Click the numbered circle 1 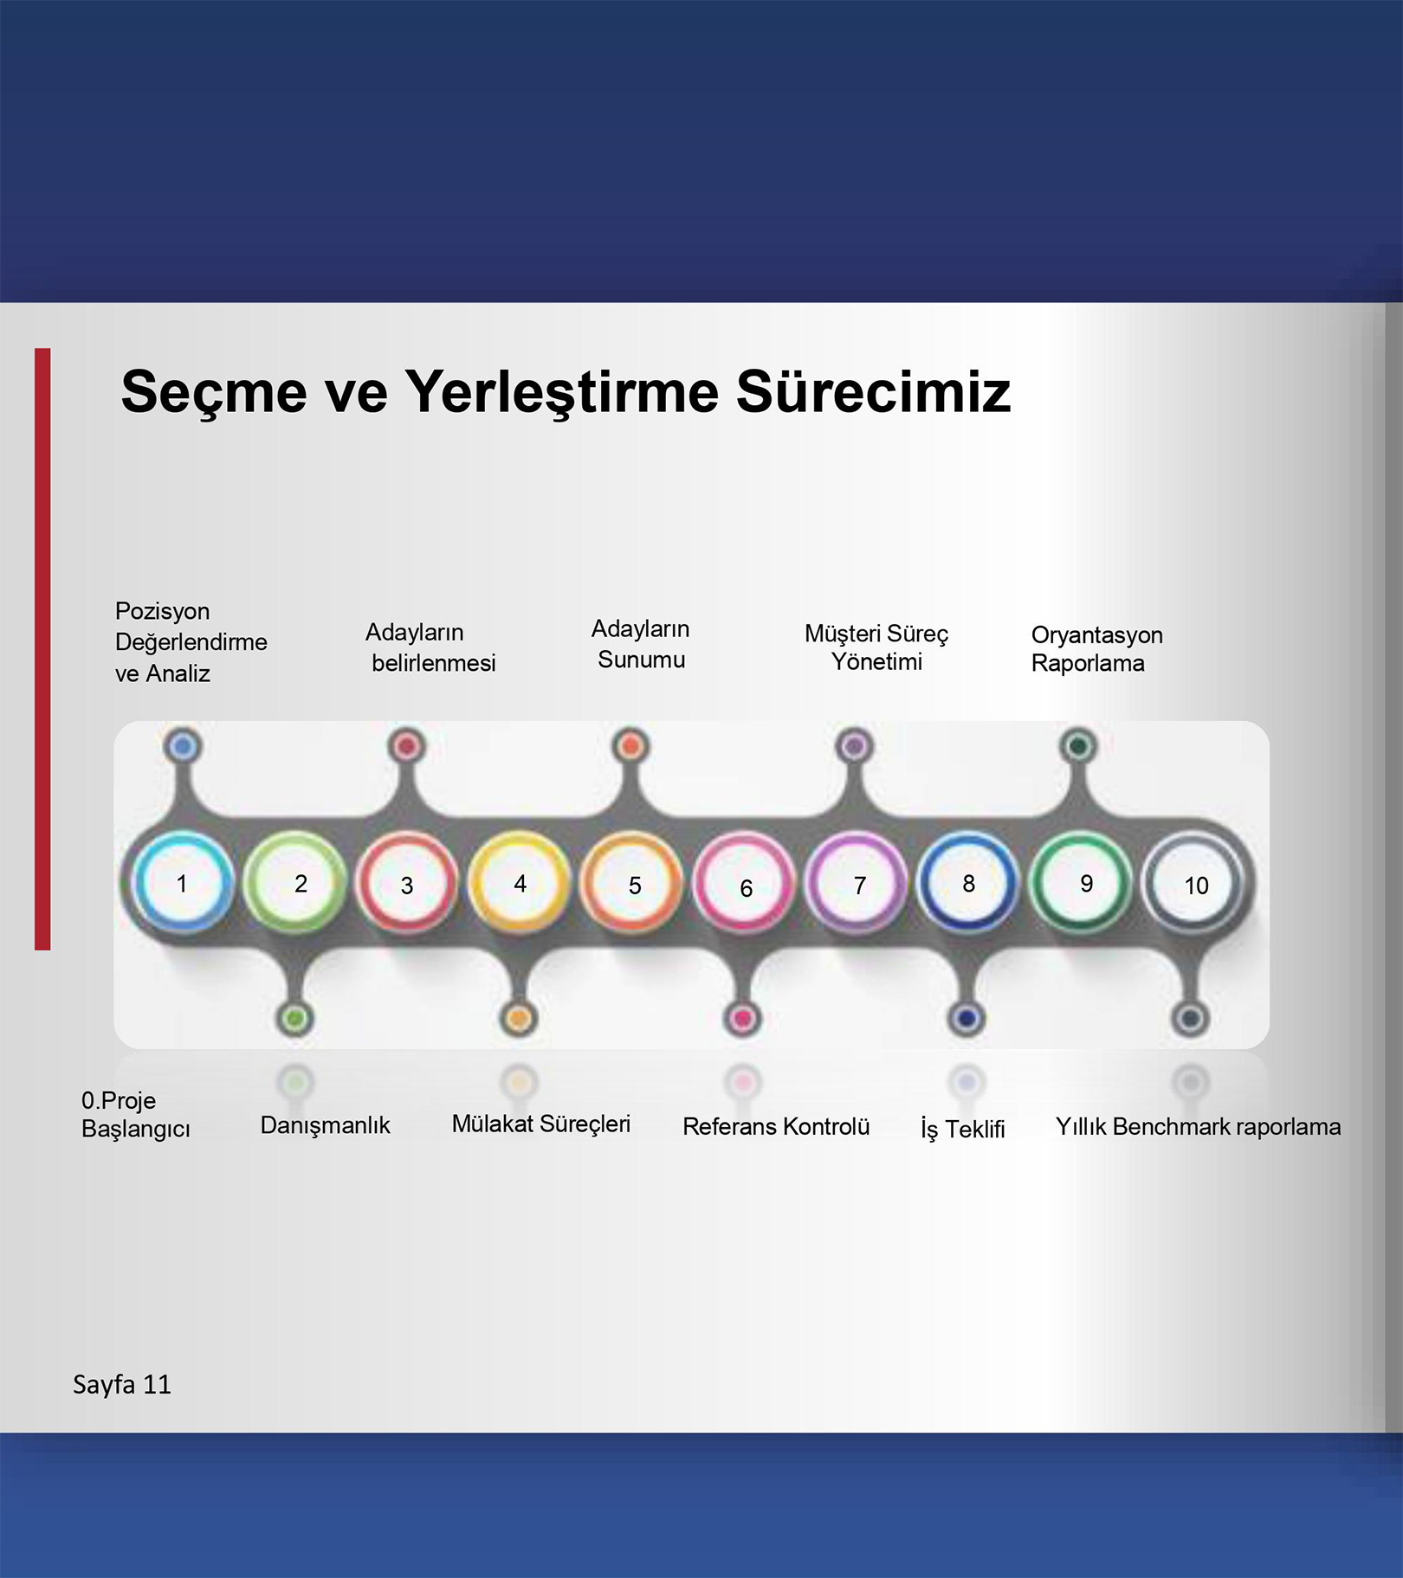coord(183,883)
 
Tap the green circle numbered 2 coord(294,883)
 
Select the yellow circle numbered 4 coord(519,883)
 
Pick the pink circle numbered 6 coord(743,883)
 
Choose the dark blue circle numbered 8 coord(967,883)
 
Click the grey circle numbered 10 coord(1192,883)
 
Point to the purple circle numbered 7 coord(856,883)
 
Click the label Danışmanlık coord(325,1125)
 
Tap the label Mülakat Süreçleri coord(541,1124)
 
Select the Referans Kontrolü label coord(776,1126)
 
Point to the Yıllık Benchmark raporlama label coord(1198,1126)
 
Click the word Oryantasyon coord(1096,635)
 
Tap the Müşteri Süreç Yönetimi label coord(876,647)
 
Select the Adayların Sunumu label coord(641,644)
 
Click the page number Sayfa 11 coord(122,1385)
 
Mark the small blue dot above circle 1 coord(182,746)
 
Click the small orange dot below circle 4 coord(519,1018)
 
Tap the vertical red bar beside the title coord(42,649)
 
